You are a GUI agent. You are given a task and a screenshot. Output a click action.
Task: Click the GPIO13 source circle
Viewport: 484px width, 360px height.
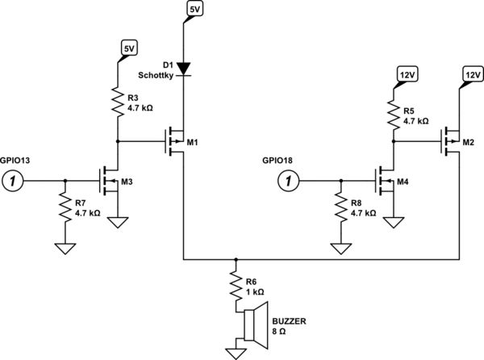[x=13, y=182]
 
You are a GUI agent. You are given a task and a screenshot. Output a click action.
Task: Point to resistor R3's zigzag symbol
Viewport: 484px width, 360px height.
[x=118, y=101]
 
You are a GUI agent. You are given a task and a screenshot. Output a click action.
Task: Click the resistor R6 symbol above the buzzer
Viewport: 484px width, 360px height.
[x=236, y=286]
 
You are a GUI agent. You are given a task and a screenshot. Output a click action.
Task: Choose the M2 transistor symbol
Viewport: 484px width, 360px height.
[x=453, y=142]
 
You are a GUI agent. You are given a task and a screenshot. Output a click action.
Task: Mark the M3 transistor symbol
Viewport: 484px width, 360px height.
[x=110, y=182]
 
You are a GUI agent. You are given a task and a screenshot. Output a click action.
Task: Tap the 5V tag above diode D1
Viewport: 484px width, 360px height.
[x=194, y=10]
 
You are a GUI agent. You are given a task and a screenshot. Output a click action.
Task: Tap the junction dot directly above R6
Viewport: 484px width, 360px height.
[x=236, y=261]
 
